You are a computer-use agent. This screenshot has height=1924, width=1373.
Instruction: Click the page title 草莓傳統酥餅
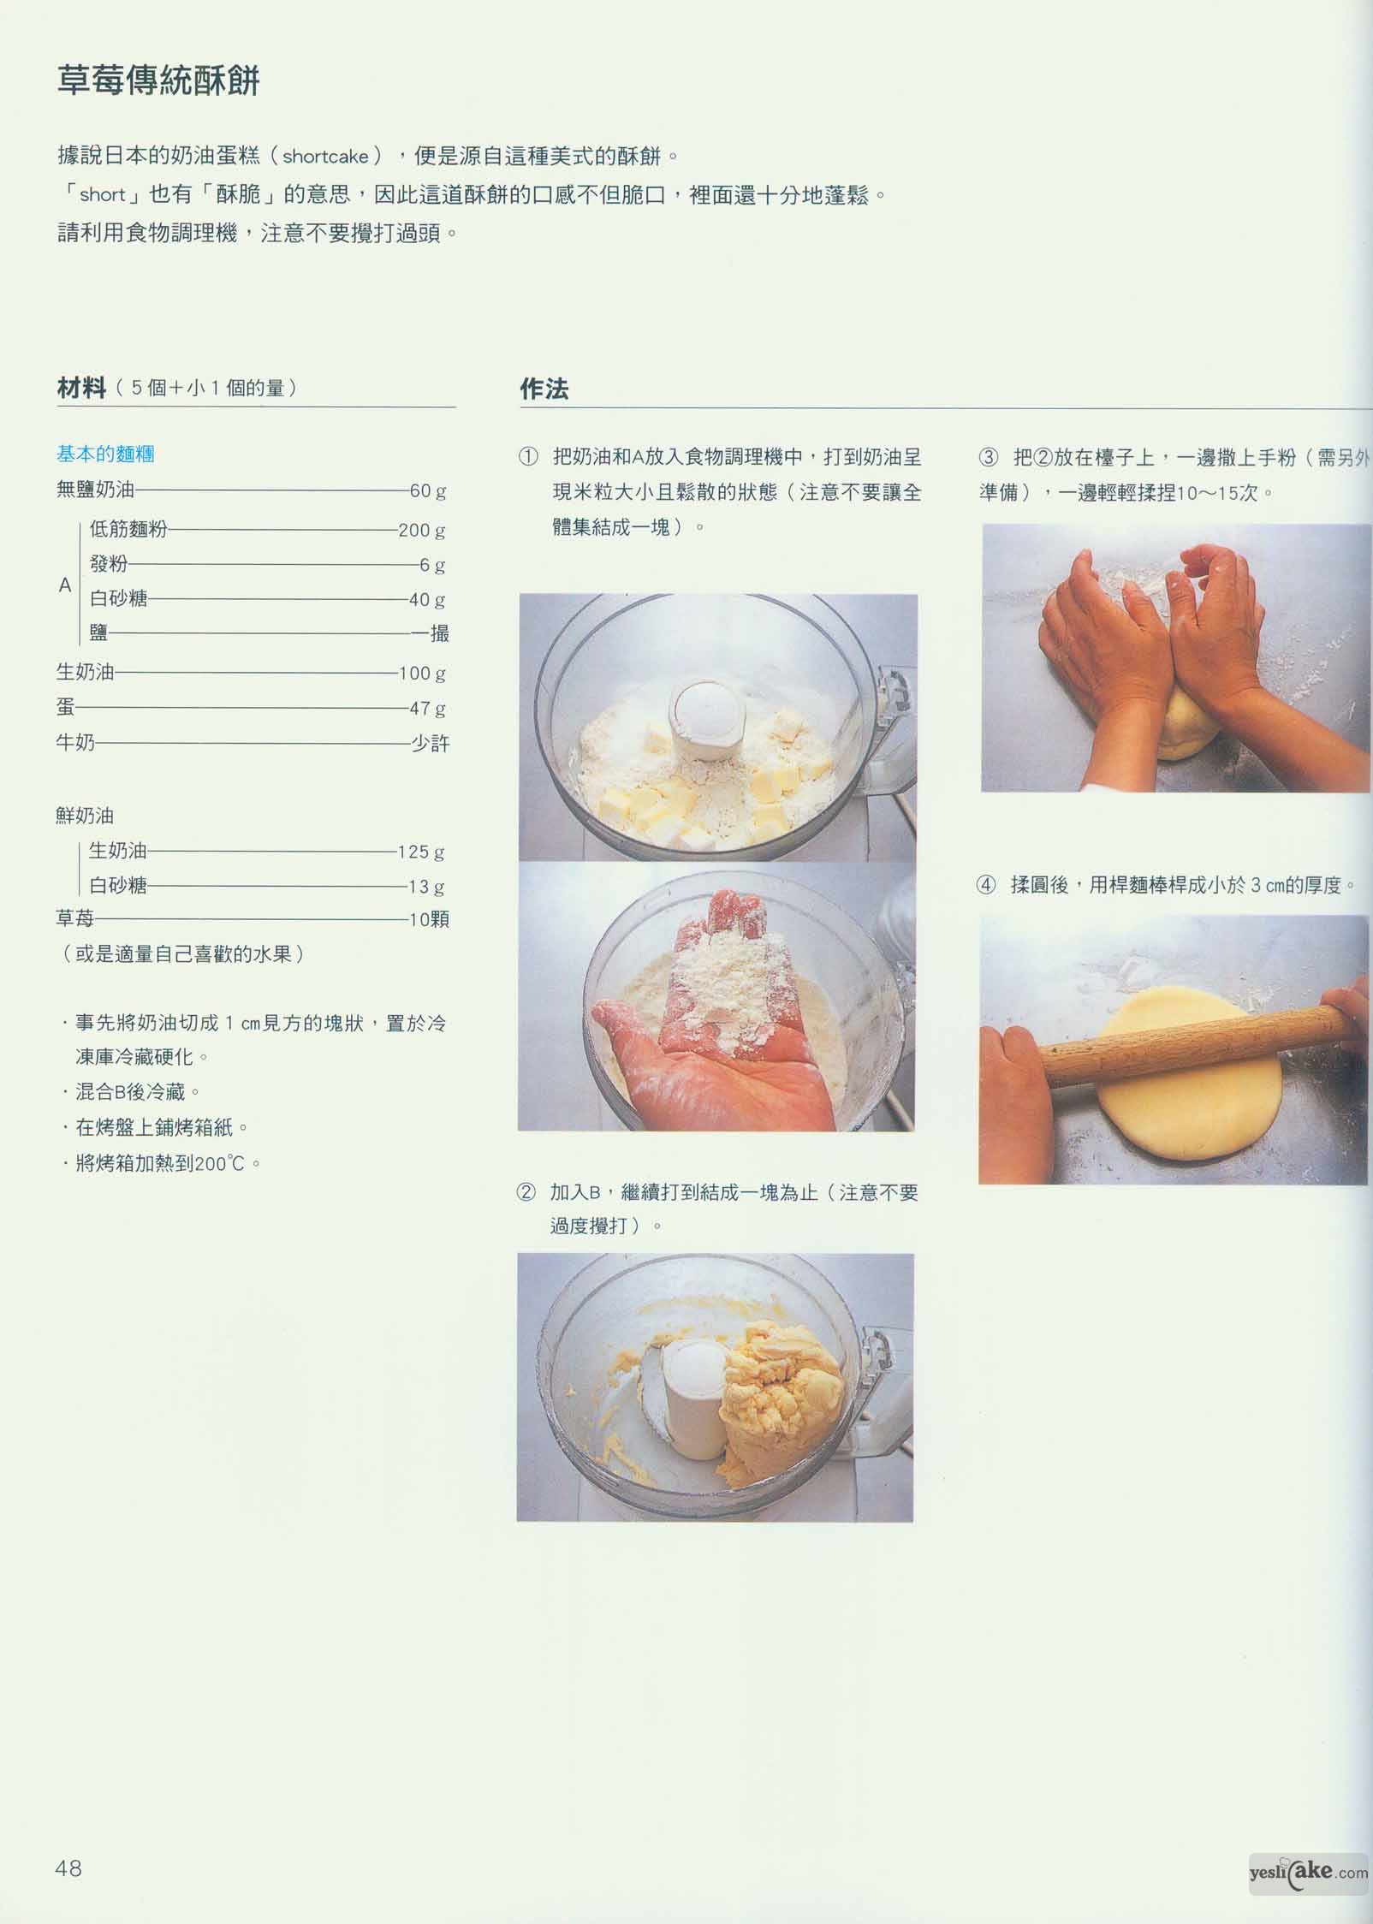[x=158, y=81]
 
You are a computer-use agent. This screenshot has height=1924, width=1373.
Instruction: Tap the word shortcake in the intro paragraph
[x=325, y=157]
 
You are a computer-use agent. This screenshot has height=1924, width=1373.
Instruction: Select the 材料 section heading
[x=81, y=388]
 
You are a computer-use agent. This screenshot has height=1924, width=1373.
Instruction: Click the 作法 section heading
[x=544, y=389]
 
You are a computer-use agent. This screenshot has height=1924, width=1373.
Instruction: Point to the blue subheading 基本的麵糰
[x=105, y=454]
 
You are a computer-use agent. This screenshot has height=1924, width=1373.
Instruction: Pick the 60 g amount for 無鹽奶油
[x=428, y=491]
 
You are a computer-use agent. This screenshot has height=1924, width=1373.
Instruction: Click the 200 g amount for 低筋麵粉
[x=422, y=530]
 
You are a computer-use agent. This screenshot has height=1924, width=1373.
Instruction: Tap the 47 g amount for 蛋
[x=428, y=708]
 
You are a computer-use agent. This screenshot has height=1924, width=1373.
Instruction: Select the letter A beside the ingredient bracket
[x=65, y=585]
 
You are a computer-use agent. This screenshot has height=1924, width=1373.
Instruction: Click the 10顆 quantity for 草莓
[x=430, y=919]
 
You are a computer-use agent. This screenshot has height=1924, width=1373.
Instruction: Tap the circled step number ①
[x=529, y=457]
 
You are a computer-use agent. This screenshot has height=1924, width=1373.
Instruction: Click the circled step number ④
[x=986, y=885]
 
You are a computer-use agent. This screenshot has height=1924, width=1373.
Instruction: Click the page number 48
[x=68, y=1868]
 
